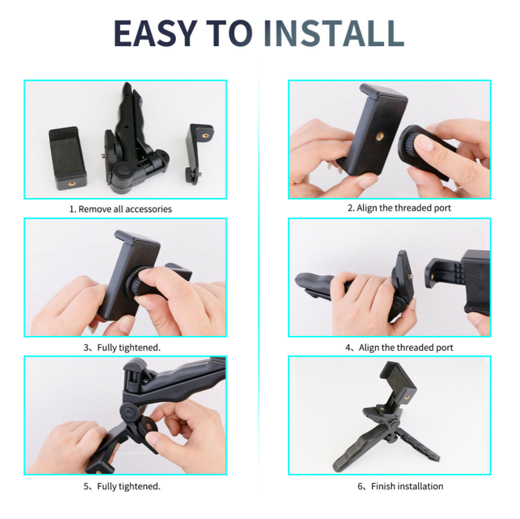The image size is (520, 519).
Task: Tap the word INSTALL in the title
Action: pos(334,33)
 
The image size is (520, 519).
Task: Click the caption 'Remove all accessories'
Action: pos(125,209)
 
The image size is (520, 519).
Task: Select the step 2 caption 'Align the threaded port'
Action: pos(404,208)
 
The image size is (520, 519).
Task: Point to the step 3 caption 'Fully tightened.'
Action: pos(129,347)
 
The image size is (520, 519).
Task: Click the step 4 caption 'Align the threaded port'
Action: pos(406,347)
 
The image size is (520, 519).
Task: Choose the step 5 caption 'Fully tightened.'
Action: pos(129,486)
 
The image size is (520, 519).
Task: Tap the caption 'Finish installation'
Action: pos(407,486)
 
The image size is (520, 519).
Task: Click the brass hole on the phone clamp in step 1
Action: pos(71,183)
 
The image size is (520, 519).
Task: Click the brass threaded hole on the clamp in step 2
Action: pos(380,136)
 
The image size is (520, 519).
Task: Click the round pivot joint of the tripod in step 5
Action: pos(130,412)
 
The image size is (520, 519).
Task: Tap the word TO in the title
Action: pos(230,33)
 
